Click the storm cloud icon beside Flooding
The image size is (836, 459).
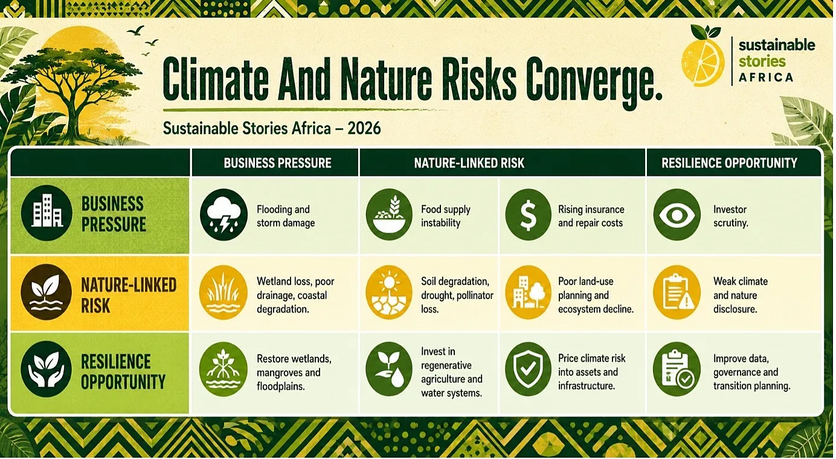click(223, 214)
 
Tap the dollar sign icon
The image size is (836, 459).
click(528, 214)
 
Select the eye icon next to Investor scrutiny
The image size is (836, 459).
click(677, 214)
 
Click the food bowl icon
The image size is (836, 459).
click(389, 214)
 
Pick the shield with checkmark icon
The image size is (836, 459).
click(528, 369)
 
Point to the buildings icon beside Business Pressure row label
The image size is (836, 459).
click(47, 213)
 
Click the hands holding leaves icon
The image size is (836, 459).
click(47, 368)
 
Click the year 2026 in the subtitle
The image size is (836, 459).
click(364, 129)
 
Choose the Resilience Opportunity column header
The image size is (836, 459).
click(729, 163)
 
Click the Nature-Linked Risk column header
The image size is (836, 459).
click(469, 163)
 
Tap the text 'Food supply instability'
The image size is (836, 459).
click(446, 216)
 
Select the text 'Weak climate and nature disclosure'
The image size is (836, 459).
click(741, 295)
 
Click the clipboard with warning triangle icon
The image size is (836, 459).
click(677, 292)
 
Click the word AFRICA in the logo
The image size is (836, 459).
click(766, 78)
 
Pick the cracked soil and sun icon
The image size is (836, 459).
click(389, 292)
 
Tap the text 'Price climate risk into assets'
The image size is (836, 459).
click(591, 365)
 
